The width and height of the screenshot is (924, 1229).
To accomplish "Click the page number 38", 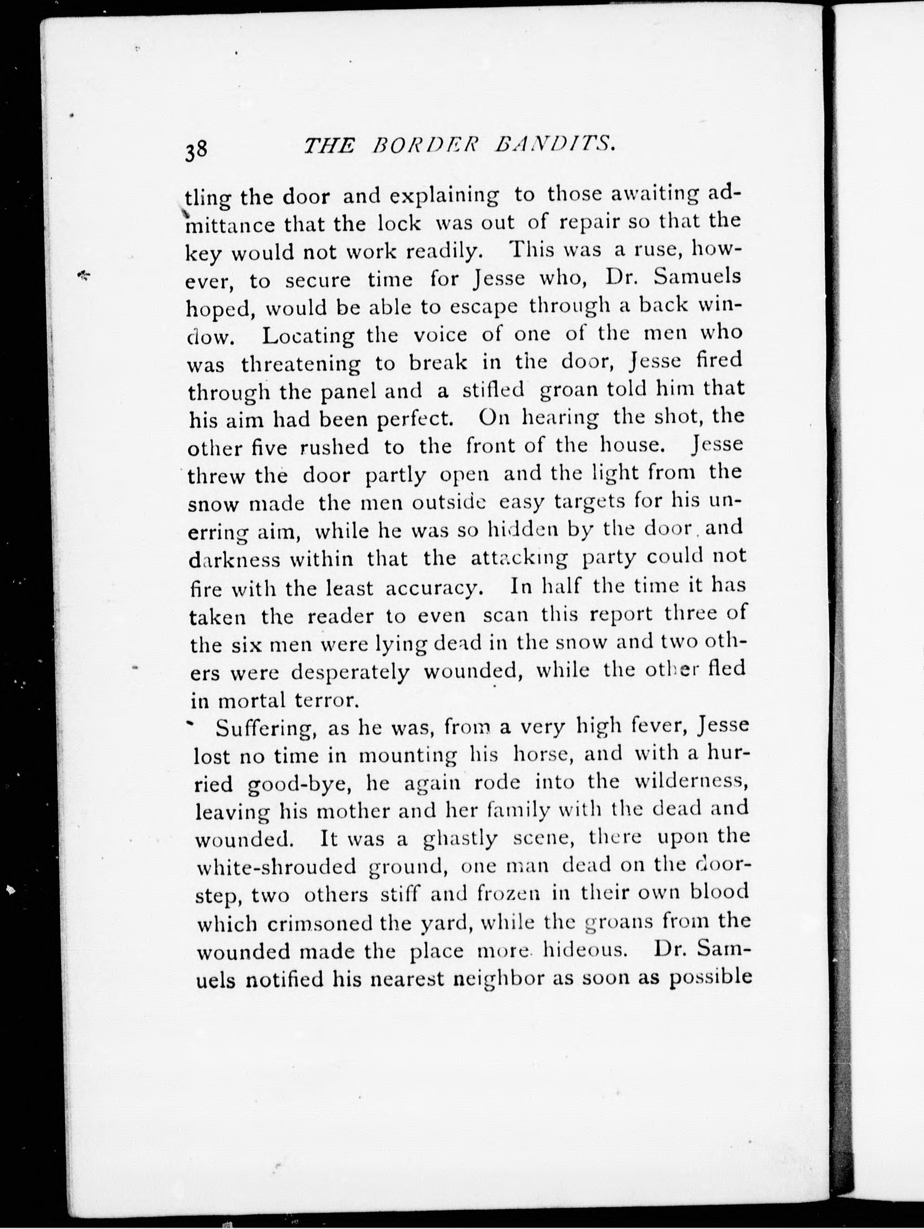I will [x=197, y=150].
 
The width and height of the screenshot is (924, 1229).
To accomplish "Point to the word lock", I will [x=399, y=224].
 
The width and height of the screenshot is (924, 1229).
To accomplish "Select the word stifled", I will [x=494, y=390].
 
